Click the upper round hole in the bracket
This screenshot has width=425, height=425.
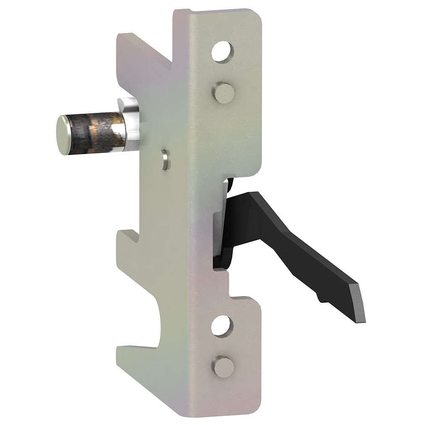(222, 52)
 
